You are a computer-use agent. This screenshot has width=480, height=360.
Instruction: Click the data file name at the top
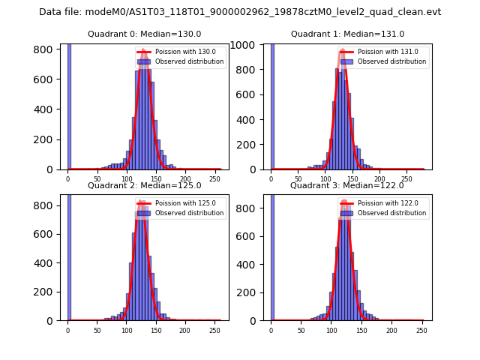[240, 12]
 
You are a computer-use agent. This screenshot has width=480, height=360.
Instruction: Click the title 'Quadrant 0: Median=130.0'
[144, 34]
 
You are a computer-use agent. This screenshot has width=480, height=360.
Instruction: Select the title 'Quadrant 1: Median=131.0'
[347, 34]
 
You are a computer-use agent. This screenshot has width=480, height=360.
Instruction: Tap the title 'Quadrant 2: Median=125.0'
[144, 185]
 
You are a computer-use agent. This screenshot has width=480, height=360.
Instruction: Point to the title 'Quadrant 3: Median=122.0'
[347, 185]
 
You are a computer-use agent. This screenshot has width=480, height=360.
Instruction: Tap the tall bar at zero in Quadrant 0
[69, 105]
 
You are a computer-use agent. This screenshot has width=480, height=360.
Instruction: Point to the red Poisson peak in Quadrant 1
[342, 51]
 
